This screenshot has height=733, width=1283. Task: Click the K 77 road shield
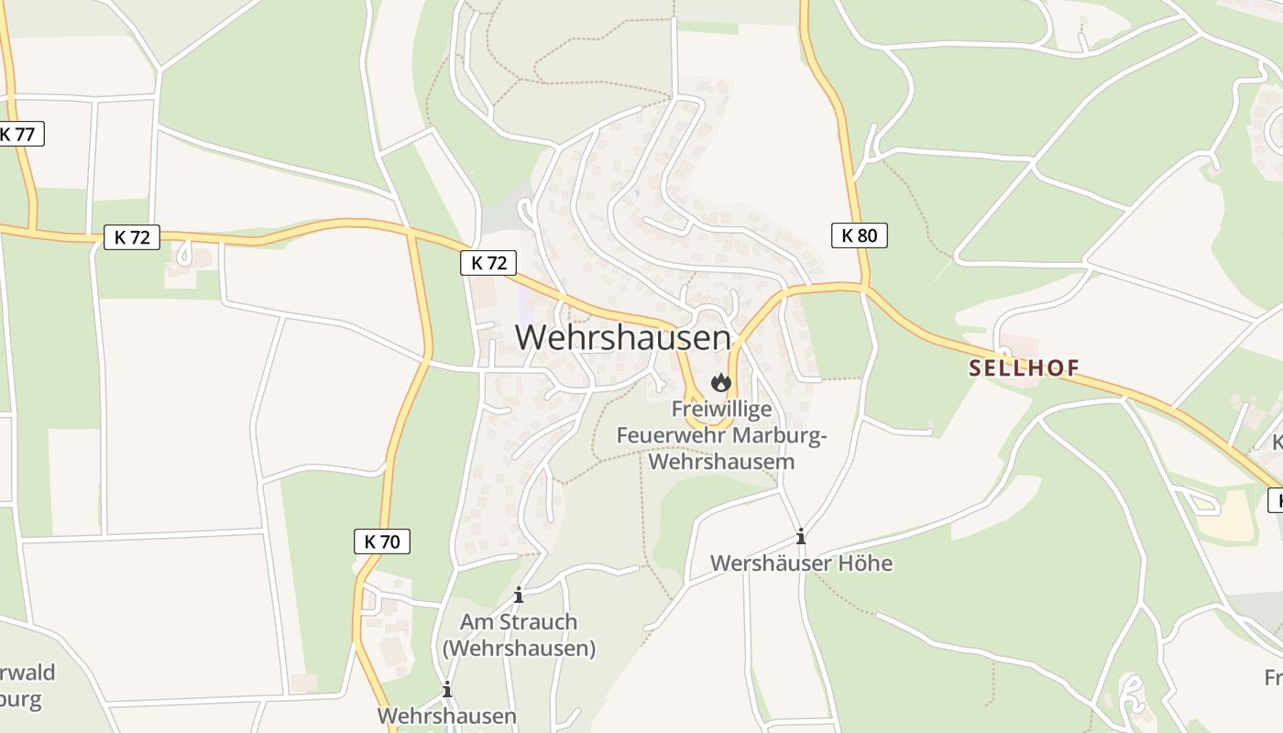[x=18, y=134]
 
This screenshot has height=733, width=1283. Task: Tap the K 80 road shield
[x=859, y=235]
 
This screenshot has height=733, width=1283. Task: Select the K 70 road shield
[x=381, y=542]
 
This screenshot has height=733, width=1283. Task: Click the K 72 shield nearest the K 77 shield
[x=132, y=237]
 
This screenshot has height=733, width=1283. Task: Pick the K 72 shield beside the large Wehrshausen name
[x=488, y=263]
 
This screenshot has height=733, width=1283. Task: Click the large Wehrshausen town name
[x=622, y=337]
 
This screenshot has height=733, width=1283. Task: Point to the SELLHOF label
[x=1024, y=368]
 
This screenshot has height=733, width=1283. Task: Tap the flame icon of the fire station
[x=721, y=382]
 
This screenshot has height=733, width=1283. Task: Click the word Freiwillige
[x=721, y=409]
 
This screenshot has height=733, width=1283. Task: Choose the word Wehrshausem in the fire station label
[x=721, y=461]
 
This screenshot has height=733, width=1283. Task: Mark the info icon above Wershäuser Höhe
[x=801, y=536]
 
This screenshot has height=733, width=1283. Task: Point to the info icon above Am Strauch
[x=519, y=596]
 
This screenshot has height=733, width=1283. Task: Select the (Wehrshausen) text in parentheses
[x=519, y=649]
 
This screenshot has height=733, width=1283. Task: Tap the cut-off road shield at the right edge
[x=1275, y=500]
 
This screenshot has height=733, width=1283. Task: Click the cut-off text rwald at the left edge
[x=27, y=673]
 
